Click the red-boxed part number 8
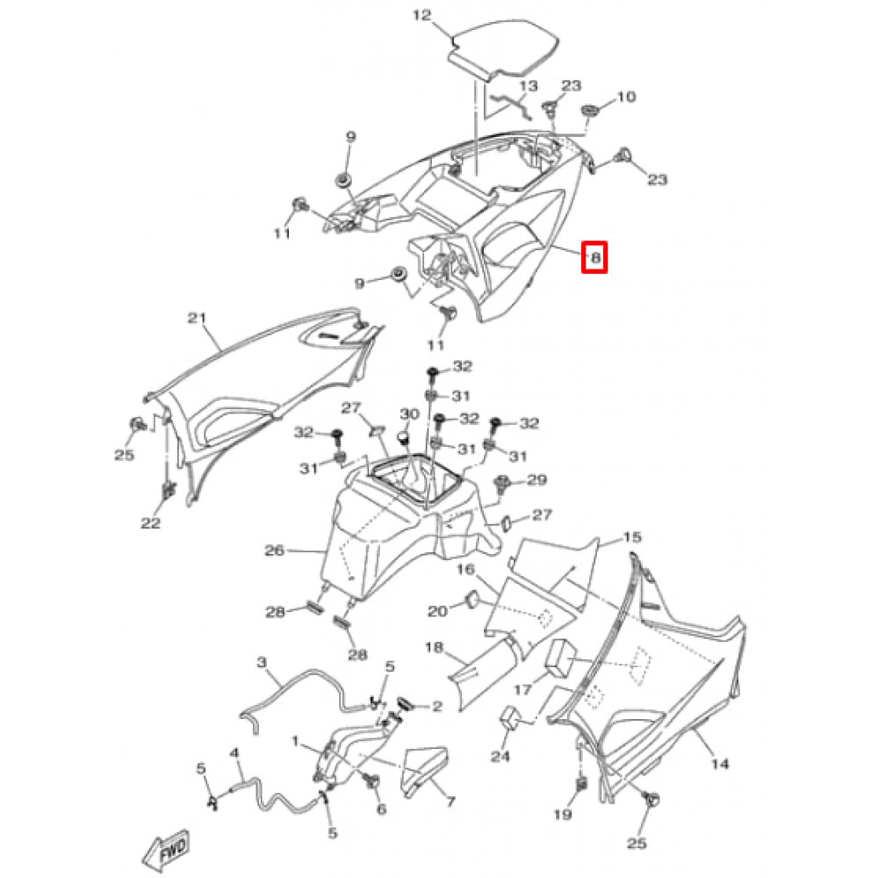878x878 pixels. tap(595, 257)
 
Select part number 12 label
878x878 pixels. tap(422, 15)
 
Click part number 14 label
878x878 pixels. tap(719, 765)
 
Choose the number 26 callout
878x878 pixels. tap(275, 551)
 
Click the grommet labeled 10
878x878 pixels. tap(590, 114)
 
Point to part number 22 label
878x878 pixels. tap(151, 523)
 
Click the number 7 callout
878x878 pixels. tap(450, 802)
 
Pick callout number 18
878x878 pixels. tap(435, 647)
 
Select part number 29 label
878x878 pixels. tap(536, 480)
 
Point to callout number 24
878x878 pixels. tap(500, 757)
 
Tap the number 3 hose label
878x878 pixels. tap(261, 660)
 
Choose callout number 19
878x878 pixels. tap(562, 815)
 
